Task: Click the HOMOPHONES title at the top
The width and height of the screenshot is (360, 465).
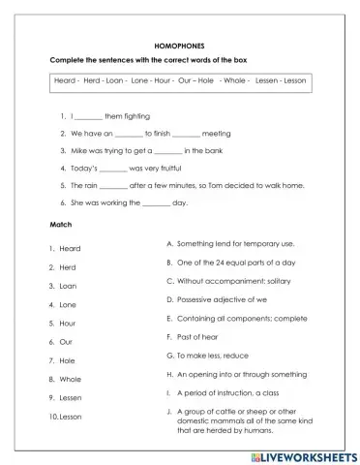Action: [x=179, y=45]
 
